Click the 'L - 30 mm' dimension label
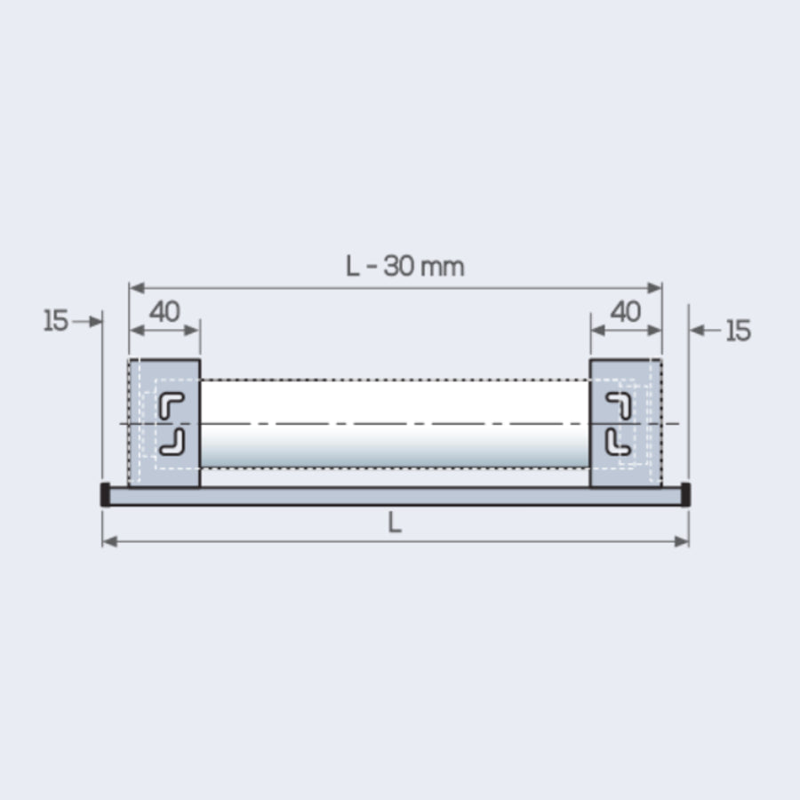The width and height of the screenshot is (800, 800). tap(404, 266)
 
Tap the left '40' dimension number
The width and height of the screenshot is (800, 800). tap(164, 312)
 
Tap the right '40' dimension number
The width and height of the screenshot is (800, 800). tap(626, 312)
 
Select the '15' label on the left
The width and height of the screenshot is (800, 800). tap(55, 321)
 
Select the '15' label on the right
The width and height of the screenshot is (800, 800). tap(738, 331)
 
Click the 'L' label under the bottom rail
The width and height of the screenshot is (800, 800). tap(395, 524)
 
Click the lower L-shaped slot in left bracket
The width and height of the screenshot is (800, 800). tap(172, 442)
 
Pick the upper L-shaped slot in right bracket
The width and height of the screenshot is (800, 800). tap(619, 405)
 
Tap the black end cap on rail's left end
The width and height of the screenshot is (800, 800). tap(105, 494)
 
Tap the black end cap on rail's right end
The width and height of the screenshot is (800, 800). tap(685, 494)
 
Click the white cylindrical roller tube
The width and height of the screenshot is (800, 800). tap(395, 423)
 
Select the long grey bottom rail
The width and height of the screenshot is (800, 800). tap(395, 496)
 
